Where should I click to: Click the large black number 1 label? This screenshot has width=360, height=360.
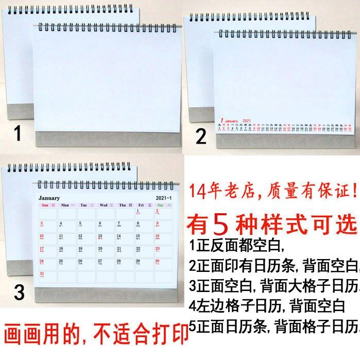[x=18, y=134]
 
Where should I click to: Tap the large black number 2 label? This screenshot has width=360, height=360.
[x=201, y=136]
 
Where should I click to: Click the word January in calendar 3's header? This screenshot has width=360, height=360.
[x=49, y=198]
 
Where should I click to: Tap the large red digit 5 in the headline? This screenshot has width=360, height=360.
[x=220, y=224]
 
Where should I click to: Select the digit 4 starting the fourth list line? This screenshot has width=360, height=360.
[x=193, y=307]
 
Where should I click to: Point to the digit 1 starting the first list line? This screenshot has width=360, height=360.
[x=192, y=244]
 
